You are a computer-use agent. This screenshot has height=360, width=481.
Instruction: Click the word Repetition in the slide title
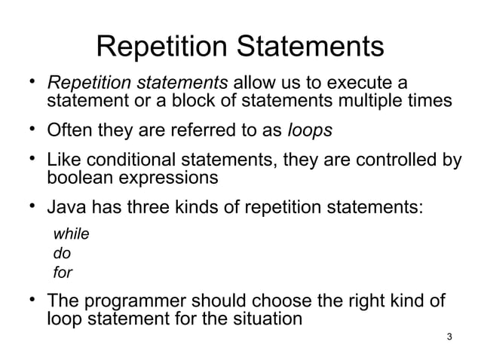click(x=162, y=47)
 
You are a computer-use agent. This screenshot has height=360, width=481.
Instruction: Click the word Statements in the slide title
click(x=309, y=47)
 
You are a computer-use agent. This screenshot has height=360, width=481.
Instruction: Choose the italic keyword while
click(x=70, y=234)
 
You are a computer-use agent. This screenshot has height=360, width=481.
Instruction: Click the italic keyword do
click(x=61, y=254)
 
